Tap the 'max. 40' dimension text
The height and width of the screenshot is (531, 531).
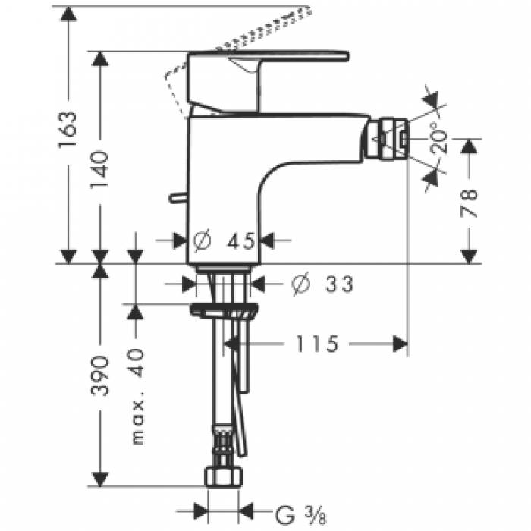[x=136, y=395]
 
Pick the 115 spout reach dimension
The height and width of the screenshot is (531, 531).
[x=312, y=344]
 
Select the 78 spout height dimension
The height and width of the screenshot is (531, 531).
[x=470, y=201]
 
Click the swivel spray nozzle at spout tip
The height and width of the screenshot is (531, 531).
[x=390, y=138]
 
